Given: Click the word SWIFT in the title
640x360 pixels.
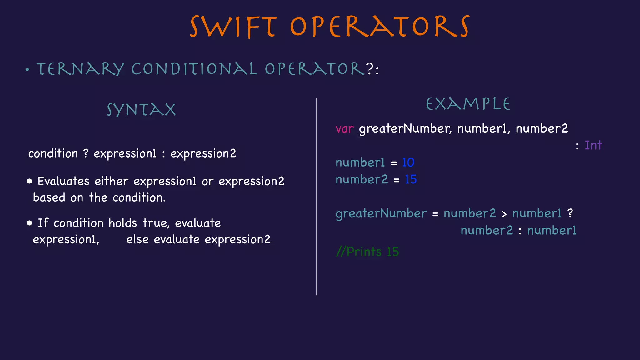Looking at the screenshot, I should [233, 27].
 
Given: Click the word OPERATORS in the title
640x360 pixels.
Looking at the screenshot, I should [379, 27].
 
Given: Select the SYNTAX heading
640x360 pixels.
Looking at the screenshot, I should [141, 110].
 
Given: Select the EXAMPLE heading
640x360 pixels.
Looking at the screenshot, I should [468, 104].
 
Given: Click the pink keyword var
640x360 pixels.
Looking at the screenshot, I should [344, 129].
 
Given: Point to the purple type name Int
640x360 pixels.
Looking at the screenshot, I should [593, 145].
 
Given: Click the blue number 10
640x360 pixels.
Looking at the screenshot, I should [408, 162].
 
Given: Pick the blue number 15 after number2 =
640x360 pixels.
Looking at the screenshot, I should [411, 179].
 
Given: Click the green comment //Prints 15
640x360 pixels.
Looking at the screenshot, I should [367, 252].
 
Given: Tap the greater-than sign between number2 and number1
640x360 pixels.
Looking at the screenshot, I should [504, 214].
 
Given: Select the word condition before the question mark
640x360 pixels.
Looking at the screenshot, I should [53, 153].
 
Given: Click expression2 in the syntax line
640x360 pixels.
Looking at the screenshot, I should [203, 153].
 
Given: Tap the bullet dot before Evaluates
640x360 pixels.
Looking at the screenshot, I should [30, 181].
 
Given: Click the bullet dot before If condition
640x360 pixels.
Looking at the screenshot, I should [30, 223].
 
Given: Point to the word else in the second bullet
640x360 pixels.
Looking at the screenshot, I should [137, 240].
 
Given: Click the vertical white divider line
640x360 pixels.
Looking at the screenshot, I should [317, 197].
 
